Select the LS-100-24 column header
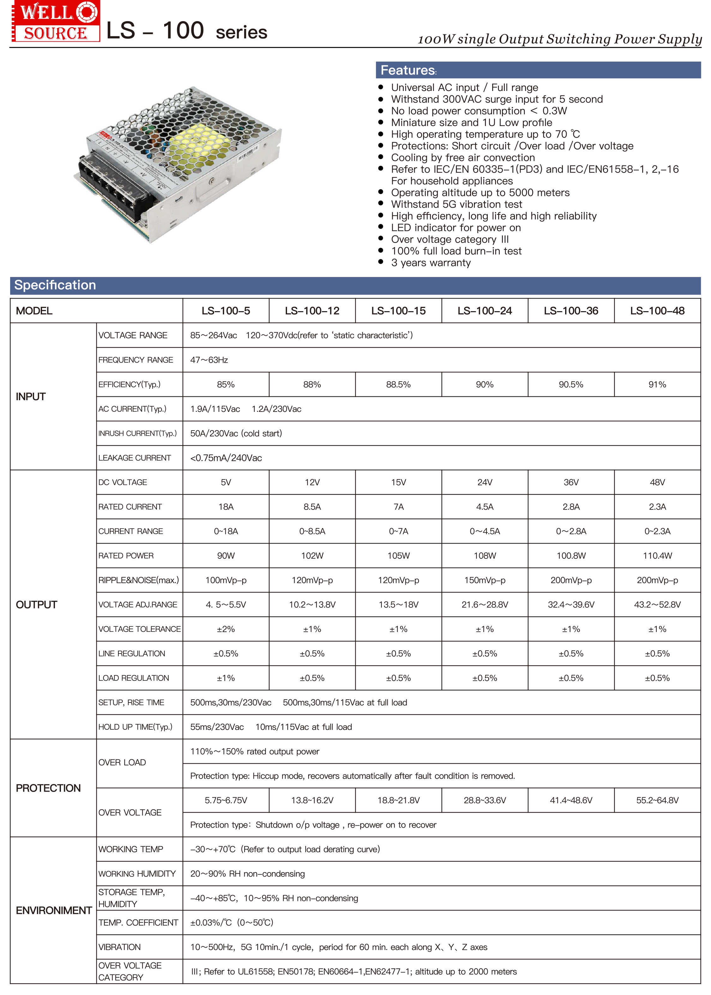[485, 311]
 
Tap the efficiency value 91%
[657, 384]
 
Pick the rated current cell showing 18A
[226, 507]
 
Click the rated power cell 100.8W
[571, 556]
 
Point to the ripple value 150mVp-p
[485, 580]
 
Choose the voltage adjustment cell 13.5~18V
[398, 605]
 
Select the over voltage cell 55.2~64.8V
[657, 800]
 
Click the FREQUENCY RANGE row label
[136, 360]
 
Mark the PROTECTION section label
[48, 788]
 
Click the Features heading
[408, 70]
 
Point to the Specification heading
[55, 285]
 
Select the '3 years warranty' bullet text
[431, 263]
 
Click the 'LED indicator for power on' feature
[456, 228]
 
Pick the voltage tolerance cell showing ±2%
[226, 629]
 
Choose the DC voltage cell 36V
[571, 482]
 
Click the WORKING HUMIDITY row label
[137, 874]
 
